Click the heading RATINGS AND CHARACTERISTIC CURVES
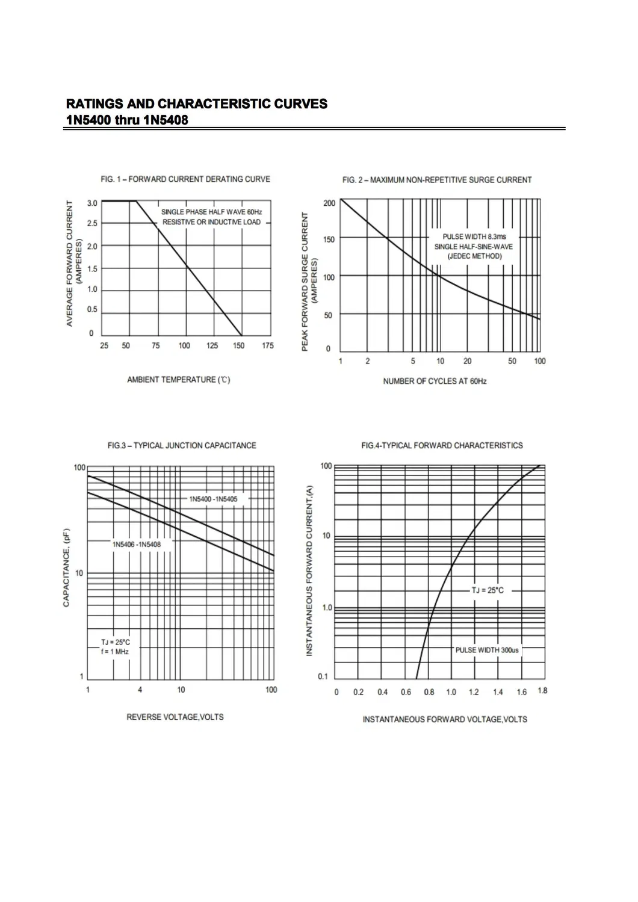tap(196, 104)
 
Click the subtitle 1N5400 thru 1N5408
tap(126, 120)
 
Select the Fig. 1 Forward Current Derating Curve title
tap(185, 179)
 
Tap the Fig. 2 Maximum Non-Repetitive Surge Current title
tap(437, 180)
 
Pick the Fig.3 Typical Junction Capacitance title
tap(182, 446)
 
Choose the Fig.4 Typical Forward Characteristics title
tap(442, 446)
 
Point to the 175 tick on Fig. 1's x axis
tap(268, 345)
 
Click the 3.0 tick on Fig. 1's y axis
tap(92, 203)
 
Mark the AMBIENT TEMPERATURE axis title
tap(178, 380)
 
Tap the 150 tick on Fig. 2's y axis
tap(329, 239)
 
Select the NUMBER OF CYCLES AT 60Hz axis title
tap(435, 381)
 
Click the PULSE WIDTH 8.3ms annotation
tap(474, 236)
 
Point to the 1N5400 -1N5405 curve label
tap(213, 499)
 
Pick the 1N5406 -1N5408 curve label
tap(137, 545)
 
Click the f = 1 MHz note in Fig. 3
tap(115, 652)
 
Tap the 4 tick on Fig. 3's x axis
tap(140, 690)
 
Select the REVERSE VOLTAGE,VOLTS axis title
tap(175, 717)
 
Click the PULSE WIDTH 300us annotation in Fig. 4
tap(487, 650)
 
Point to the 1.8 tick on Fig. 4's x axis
tap(542, 691)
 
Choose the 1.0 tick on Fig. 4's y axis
tap(327, 608)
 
